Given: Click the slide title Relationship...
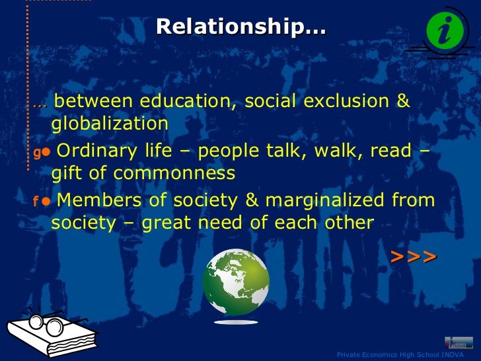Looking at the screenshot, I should tap(240, 27).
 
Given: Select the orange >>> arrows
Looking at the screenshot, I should tap(414, 256).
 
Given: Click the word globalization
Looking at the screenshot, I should tap(110, 124).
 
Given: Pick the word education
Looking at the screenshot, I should tap(186, 101).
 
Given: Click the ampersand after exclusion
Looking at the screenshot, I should tap(403, 101).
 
